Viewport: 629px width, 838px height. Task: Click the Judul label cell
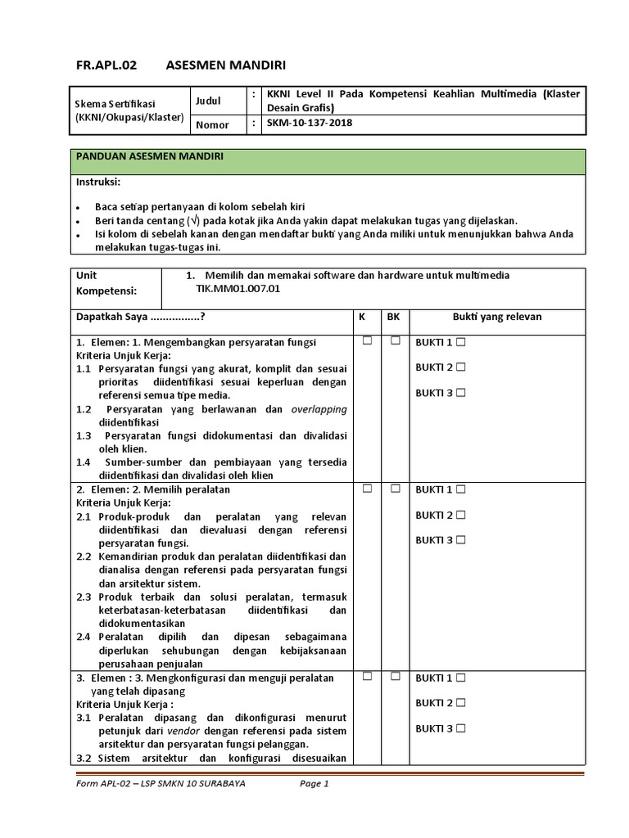[x=208, y=101]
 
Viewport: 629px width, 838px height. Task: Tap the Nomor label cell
[x=212, y=125]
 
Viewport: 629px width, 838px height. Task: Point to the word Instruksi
[x=98, y=181]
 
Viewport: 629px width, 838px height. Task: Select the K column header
[x=363, y=317]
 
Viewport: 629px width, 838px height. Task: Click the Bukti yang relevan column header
[x=496, y=317]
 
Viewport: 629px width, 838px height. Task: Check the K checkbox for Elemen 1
[x=367, y=340]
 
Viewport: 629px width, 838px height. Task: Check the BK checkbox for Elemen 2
[x=395, y=489]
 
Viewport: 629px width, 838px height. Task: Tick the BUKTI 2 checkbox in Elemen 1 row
[x=461, y=367]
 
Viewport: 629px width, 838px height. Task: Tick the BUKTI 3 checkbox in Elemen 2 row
[x=461, y=540]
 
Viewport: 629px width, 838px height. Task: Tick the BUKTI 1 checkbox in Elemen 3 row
[x=461, y=678]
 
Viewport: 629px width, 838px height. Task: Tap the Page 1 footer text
[x=314, y=783]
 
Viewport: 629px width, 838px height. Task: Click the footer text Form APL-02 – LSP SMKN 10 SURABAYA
[x=160, y=783]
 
